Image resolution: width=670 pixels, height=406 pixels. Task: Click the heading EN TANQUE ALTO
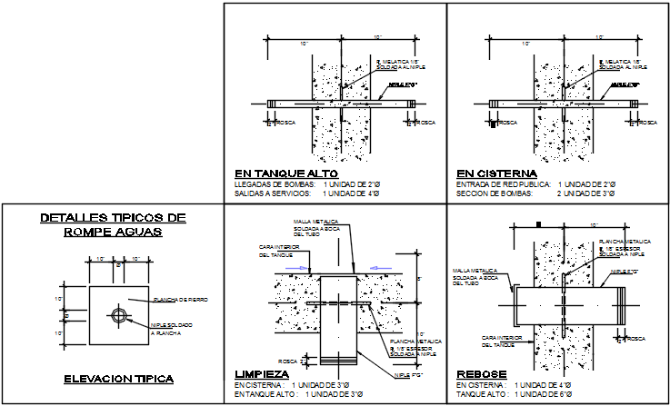(286, 173)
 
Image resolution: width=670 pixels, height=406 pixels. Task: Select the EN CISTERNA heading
(496, 173)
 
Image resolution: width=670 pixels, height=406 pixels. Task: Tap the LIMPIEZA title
(263, 374)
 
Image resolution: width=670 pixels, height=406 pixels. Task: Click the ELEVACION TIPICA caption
(113, 379)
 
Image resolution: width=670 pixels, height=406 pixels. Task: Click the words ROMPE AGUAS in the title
(114, 233)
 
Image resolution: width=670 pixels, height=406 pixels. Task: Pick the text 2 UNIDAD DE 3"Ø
(587, 194)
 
